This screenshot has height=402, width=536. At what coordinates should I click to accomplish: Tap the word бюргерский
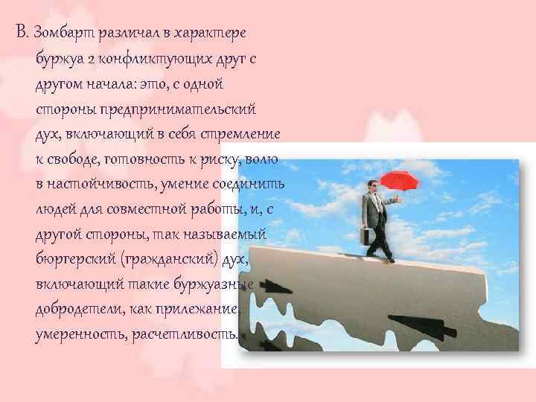click(73, 261)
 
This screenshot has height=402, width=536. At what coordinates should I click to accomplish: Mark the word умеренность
click(77, 337)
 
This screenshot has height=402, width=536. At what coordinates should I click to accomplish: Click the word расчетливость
click(186, 337)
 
